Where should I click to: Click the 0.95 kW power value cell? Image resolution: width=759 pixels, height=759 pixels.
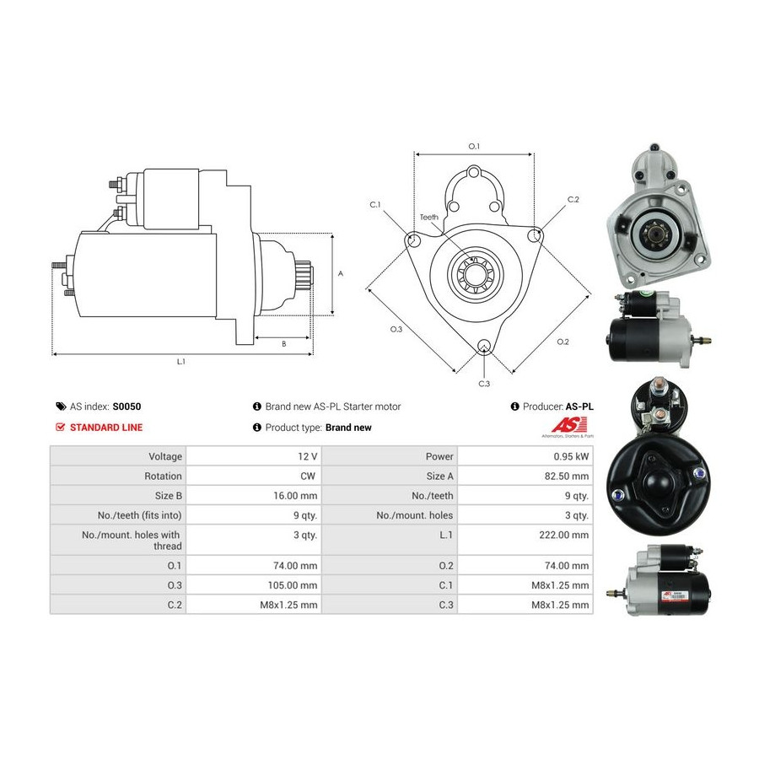point(571,456)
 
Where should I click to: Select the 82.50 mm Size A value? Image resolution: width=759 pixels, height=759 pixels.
point(567,476)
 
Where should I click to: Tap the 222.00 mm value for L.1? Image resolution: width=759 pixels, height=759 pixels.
point(564,535)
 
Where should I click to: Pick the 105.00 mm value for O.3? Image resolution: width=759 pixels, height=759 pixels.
point(293,585)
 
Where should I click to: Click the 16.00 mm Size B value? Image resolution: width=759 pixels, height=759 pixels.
point(295,496)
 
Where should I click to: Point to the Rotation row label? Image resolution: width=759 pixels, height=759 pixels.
point(163,476)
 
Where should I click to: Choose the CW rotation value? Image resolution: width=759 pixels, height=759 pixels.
point(308,476)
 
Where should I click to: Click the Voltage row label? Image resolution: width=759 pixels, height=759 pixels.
point(165,456)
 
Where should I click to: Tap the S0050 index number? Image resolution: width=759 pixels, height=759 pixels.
point(126,406)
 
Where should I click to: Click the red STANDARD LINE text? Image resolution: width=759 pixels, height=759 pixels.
point(106,428)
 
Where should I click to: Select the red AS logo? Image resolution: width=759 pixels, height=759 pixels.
point(570,424)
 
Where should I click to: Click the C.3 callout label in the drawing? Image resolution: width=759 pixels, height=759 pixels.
point(484,384)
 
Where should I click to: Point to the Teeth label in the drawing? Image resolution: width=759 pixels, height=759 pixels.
point(429,218)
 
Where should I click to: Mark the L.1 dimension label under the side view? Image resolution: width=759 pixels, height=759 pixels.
point(181,362)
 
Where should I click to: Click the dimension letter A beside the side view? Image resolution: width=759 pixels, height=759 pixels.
point(341,273)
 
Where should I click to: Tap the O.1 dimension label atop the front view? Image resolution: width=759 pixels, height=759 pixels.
point(474,146)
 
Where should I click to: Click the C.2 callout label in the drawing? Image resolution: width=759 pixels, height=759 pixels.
point(573,199)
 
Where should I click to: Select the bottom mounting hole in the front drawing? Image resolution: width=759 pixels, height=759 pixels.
point(484,346)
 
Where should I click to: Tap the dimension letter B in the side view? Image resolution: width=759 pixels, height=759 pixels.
point(284,344)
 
